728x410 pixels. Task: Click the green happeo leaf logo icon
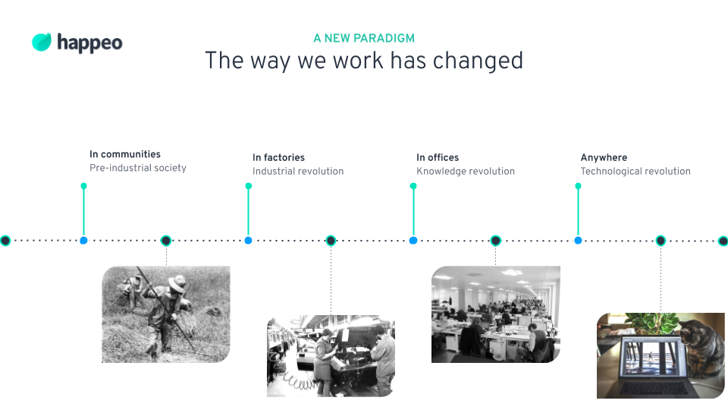tap(41, 42)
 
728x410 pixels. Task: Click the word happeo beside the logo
tap(89, 43)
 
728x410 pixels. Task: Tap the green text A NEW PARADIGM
tap(364, 38)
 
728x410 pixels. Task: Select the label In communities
tap(125, 154)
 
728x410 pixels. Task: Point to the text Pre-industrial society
tap(138, 168)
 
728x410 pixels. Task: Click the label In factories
tap(278, 158)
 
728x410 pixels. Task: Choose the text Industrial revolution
tap(298, 171)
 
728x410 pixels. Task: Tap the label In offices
tap(438, 158)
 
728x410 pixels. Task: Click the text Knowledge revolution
tap(466, 171)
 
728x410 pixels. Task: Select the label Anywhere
tap(604, 158)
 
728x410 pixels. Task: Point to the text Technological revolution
tap(635, 171)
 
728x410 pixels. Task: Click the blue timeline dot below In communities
tap(83, 241)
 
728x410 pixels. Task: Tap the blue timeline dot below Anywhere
tap(578, 241)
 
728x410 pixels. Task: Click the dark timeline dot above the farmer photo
tap(166, 241)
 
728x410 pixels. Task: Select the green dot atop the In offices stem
tap(413, 186)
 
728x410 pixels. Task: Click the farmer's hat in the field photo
tap(177, 283)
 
